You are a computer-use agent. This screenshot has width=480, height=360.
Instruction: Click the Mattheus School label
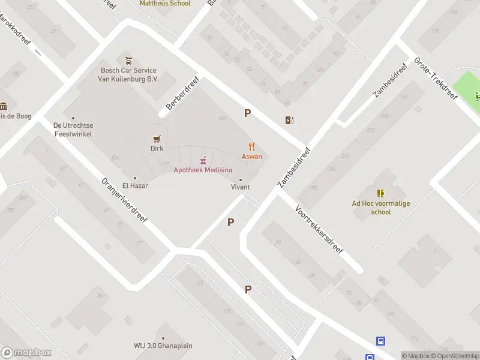[x=165, y=4]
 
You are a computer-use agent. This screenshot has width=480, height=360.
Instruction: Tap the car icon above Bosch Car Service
[x=128, y=61]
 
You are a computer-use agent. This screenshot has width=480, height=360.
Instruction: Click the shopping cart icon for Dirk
[x=157, y=137]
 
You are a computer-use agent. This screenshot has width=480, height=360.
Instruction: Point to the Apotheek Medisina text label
[x=203, y=170]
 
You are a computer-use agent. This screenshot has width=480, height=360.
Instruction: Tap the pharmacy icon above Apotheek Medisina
[x=203, y=160]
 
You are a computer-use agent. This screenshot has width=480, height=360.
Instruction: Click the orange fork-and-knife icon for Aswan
[x=252, y=146]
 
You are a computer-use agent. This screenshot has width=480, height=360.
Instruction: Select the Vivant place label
[x=241, y=187]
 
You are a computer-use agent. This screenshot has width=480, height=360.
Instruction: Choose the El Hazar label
[x=135, y=185]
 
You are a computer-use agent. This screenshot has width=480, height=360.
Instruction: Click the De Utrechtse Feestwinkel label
[x=73, y=130]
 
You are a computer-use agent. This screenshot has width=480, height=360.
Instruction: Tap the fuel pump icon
[x=289, y=120]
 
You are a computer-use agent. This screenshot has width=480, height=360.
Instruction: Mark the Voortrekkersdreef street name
[x=319, y=229]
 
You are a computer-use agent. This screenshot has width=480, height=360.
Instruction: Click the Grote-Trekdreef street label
[x=435, y=83]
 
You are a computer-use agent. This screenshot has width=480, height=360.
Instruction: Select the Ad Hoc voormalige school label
[x=380, y=207]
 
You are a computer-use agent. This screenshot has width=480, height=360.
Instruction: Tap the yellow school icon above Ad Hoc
[x=380, y=193]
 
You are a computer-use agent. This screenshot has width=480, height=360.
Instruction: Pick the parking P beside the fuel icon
[x=247, y=113]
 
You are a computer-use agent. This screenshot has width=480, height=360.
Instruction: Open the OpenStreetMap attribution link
[x=458, y=356]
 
